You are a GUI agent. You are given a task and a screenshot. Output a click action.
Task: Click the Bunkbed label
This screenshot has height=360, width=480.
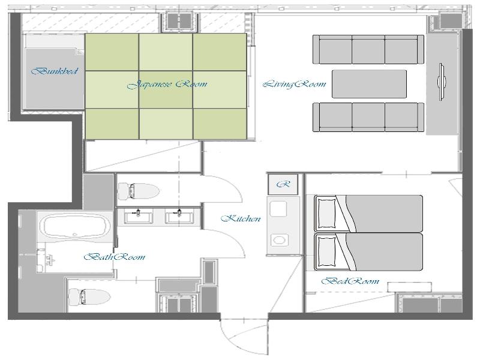pos(55,71)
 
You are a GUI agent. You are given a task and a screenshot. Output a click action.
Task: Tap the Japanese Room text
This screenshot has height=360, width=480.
pos(167,84)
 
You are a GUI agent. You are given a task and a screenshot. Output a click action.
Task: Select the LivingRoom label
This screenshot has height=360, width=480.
pos(295,84)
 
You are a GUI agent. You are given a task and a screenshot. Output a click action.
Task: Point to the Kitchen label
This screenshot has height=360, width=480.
pos(241,218)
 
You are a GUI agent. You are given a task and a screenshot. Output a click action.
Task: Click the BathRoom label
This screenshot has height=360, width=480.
pos(115,257)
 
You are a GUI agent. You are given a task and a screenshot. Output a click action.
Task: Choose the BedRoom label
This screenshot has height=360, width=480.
pos(350,281)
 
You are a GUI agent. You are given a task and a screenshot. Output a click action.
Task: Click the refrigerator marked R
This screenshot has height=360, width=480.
pos(283,184)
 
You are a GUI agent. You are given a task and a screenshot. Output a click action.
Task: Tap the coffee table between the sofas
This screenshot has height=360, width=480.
pos(369,84)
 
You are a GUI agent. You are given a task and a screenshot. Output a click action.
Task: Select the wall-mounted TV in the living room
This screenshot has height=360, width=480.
pos(442,82)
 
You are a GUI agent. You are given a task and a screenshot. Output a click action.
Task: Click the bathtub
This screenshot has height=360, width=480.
pos(76,226)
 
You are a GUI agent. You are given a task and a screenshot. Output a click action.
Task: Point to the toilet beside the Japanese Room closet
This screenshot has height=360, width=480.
pos(139,191)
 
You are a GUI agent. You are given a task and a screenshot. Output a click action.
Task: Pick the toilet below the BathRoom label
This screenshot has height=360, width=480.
pos(89,297)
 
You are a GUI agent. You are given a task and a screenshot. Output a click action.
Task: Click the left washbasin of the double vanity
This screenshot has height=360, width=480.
pos(138,216)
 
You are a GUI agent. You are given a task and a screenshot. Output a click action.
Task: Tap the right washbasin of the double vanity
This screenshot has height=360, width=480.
pos(179,216)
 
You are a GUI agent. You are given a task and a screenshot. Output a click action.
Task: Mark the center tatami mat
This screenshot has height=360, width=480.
pos(166,89)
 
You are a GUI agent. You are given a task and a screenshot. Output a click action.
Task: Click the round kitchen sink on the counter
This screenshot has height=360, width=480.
pos(279,239)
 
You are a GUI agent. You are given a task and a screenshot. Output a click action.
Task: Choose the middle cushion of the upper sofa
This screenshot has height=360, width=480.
pos(368,49)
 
